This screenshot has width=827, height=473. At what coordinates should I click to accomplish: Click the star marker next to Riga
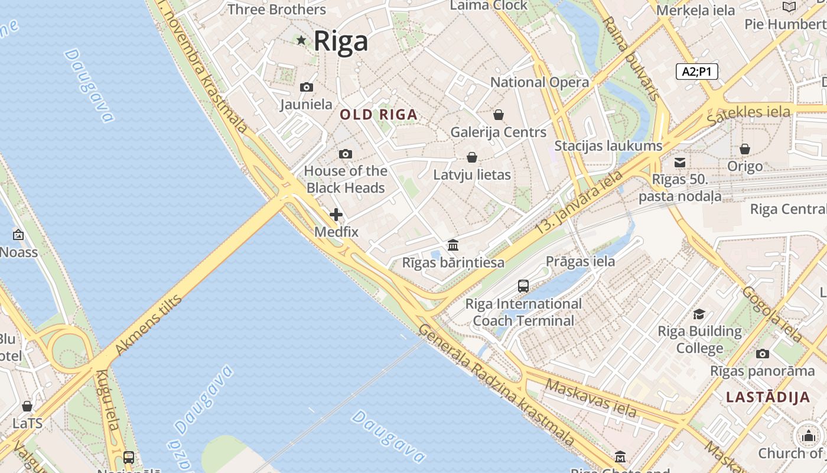[301, 40]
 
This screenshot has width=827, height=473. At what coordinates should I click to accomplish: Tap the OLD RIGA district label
[379, 115]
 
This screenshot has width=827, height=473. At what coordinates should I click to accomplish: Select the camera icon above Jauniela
[306, 88]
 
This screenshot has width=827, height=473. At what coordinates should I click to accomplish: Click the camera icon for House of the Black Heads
[346, 154]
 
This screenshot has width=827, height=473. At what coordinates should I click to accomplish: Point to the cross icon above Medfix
[336, 215]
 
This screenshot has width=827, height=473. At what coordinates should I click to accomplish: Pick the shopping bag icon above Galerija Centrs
[499, 115]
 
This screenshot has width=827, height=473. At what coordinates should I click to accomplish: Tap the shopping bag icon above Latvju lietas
[471, 157]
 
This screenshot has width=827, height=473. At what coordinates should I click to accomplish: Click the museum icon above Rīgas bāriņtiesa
[453, 245]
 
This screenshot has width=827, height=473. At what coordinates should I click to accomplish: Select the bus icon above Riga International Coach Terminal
[523, 286]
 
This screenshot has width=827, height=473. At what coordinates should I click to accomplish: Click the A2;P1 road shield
[696, 72]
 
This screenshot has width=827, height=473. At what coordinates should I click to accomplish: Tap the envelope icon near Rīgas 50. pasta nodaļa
[680, 162]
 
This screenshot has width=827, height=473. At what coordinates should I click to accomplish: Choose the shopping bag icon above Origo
[745, 149]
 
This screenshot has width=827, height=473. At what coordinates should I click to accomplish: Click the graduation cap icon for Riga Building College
[699, 314]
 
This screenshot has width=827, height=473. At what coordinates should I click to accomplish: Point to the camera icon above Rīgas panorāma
[762, 354]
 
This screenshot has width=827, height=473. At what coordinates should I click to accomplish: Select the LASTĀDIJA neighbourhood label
[768, 397]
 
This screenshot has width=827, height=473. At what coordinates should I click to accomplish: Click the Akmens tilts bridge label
[148, 325]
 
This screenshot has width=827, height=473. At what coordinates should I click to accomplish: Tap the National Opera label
[539, 82]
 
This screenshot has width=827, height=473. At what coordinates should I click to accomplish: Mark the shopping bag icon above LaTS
[27, 406]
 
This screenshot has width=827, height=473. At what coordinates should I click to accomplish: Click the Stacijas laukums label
[608, 145]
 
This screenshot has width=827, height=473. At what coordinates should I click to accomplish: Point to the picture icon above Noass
[18, 235]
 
